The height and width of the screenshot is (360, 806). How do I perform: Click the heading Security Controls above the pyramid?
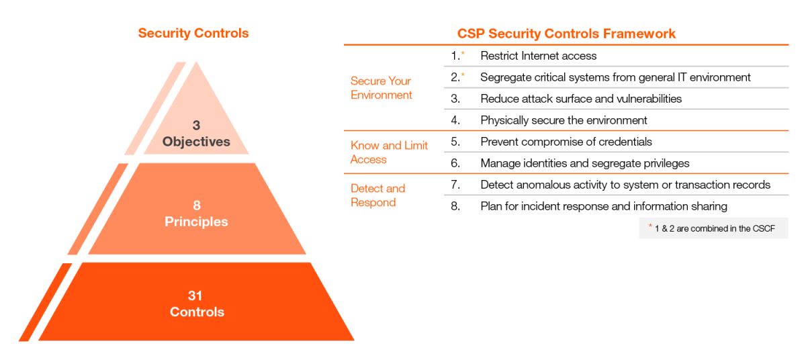(193, 33)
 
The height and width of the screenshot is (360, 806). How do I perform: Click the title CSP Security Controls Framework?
(566, 33)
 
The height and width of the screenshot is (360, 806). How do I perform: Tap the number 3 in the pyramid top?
(196, 126)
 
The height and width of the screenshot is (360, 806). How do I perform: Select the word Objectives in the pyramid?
(196, 142)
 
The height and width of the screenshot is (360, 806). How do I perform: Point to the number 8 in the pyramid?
(197, 206)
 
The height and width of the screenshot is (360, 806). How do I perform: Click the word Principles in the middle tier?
(196, 222)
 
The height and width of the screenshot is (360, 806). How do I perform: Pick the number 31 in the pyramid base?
(196, 296)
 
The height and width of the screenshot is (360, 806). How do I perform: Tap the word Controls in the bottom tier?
(197, 312)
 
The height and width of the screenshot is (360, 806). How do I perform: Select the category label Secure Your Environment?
(381, 88)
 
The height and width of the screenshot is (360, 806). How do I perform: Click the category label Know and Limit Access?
(389, 152)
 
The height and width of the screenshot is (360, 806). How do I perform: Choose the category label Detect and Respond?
(377, 195)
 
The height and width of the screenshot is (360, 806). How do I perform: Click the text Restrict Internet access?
(538, 56)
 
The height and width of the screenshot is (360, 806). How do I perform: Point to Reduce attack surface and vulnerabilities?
(580, 99)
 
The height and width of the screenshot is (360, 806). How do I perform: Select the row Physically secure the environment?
(564, 120)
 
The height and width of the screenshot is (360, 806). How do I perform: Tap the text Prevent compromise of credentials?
(566, 142)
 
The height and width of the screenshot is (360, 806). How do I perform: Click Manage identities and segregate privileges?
(584, 163)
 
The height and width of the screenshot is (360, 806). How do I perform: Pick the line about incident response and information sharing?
(603, 206)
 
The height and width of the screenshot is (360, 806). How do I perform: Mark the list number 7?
(455, 185)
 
